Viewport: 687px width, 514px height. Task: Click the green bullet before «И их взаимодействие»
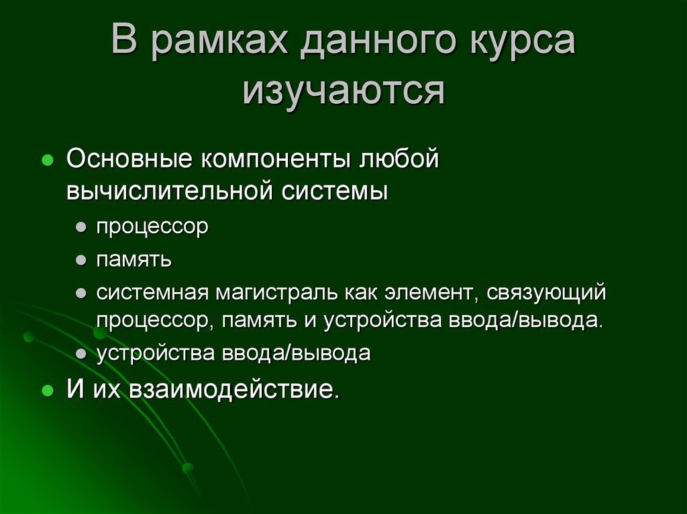[48, 390]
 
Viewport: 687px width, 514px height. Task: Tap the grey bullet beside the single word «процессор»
[81, 227]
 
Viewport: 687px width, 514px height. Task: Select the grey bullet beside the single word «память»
[81, 259]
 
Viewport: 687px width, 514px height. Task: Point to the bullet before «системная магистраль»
[81, 292]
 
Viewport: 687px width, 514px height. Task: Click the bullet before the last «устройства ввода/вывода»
[81, 353]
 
